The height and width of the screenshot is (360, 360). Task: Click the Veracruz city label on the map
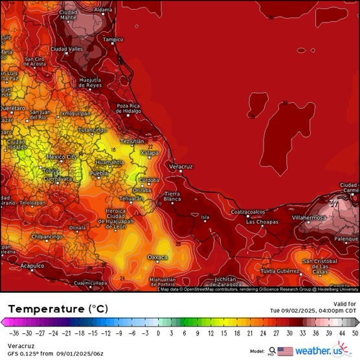click(181, 167)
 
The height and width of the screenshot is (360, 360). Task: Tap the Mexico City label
click(62, 157)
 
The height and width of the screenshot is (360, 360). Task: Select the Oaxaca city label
click(157, 258)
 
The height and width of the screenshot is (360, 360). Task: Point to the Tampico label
click(113, 39)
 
